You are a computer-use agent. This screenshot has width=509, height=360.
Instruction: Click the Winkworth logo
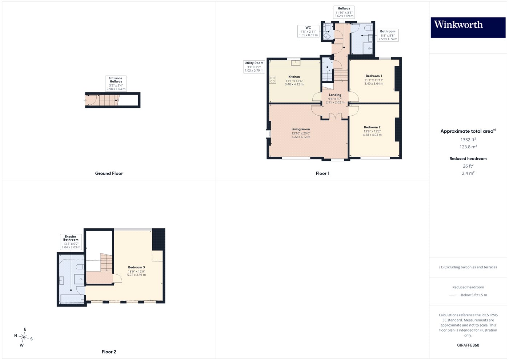coord(468,27)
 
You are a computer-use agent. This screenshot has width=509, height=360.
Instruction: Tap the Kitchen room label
coord(294,77)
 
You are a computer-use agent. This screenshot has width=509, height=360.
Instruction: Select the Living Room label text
coord(301,129)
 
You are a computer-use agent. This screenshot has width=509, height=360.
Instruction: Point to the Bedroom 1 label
coord(374,76)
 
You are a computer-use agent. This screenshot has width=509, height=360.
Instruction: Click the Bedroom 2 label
coord(372,127)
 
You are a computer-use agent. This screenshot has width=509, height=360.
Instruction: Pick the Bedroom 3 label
coord(136,267)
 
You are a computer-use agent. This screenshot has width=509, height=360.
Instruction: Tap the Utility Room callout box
coord(254,67)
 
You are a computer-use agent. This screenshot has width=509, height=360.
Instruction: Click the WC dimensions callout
coord(308,31)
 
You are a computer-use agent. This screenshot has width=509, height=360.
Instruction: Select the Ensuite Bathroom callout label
coord(71,242)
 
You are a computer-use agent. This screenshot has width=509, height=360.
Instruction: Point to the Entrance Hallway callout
coord(116,83)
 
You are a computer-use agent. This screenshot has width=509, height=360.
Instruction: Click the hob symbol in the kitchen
coord(273,80)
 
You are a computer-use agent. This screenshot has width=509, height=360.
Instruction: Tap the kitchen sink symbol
coord(296,63)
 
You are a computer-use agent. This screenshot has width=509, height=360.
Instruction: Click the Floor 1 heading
coord(322,173)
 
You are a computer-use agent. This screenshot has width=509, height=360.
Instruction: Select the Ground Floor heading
coord(109,173)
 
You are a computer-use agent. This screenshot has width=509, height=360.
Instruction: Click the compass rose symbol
coord(23,337)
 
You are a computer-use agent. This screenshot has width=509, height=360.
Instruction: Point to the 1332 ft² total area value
coord(468,140)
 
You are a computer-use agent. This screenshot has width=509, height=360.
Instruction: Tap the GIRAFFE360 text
coord(468,345)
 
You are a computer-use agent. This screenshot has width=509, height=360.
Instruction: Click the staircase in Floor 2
coord(106,263)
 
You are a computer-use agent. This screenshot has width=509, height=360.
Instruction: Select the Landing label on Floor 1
coord(335,95)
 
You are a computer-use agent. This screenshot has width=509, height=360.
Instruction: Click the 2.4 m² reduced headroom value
coord(468,173)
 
